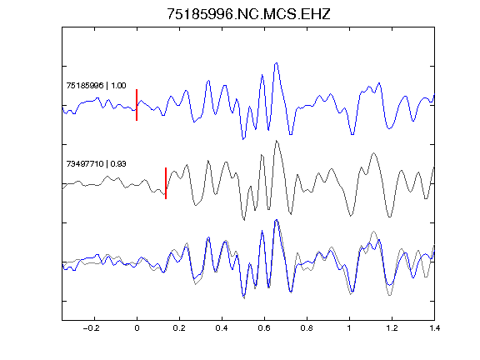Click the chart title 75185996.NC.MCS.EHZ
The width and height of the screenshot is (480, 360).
[248, 14]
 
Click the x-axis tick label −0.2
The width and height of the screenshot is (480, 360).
[92, 328]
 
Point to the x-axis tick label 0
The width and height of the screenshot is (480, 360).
[137, 328]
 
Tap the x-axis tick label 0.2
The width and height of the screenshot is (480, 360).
[179, 328]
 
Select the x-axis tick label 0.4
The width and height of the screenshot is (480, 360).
[222, 328]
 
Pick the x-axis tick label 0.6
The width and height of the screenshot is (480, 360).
[264, 328]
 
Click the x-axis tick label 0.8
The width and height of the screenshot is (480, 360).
[307, 328]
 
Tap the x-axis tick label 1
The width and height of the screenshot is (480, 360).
[349, 328]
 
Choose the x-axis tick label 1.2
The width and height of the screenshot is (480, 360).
[392, 328]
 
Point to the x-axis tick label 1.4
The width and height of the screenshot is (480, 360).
[434, 328]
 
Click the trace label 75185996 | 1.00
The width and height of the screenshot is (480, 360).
[96, 85]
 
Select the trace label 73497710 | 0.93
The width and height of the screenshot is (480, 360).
[96, 164]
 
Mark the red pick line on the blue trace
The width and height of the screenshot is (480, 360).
[137, 105]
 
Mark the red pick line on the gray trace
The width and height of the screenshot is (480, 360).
[166, 183]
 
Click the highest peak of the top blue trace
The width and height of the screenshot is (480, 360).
[277, 63]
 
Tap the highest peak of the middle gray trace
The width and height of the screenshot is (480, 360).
[277, 141]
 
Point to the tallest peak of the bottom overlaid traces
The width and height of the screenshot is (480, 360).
[277, 220]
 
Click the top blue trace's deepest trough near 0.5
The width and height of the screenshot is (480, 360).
[243, 139]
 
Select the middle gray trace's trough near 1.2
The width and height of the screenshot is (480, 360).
[390, 217]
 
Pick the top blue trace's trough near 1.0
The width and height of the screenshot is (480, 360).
[352, 134]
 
